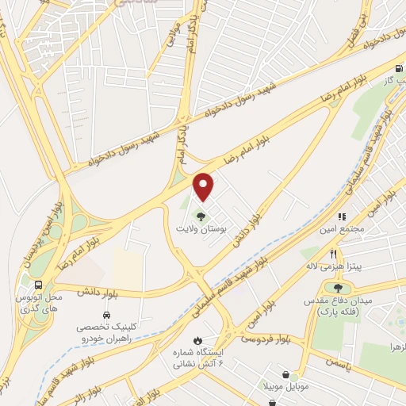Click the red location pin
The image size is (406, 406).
tap(205, 186)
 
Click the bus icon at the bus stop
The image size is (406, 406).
tap(39, 285)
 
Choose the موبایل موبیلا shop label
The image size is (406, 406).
tap(298, 389)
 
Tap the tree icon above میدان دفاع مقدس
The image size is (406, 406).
tap(339, 289)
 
